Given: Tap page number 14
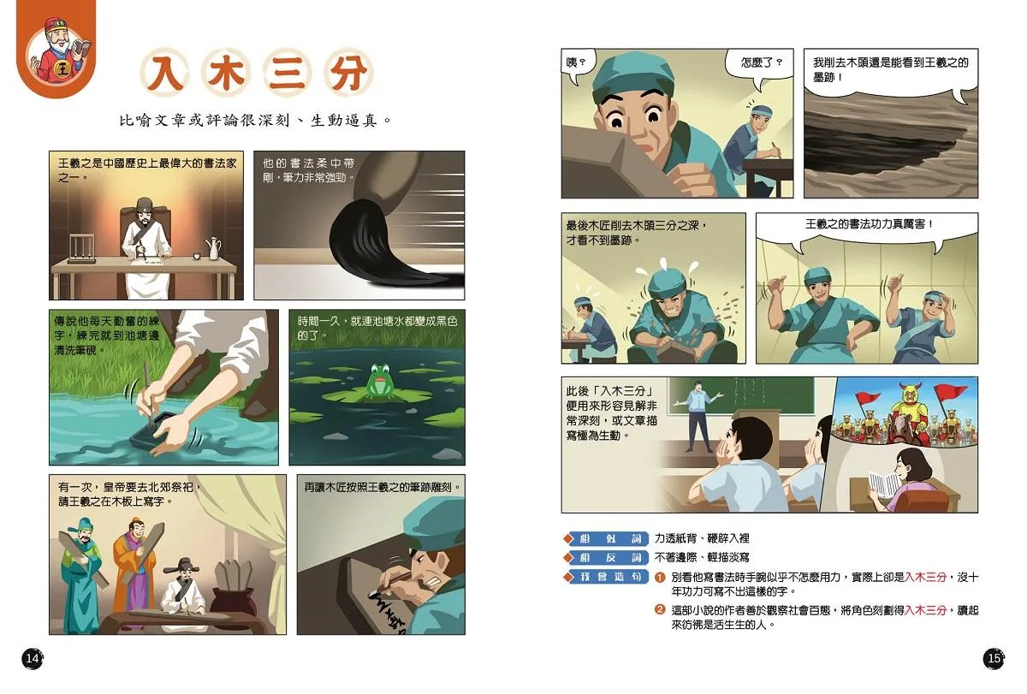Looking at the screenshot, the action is coord(33,659).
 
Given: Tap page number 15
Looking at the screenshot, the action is coord(994,659).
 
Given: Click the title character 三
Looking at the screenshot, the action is coord(288,73).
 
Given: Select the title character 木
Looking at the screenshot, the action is coord(226,73).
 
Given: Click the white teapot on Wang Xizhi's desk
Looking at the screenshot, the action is coord(213,248).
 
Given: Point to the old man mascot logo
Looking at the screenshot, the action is coord(57,50).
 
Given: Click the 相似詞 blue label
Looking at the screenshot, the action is coord(606,538).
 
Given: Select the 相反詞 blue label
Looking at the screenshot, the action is coord(606,557).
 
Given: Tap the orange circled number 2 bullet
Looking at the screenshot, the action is coord(660,609).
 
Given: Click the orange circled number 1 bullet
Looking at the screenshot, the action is coord(660,577).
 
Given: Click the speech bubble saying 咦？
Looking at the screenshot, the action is coord(579,64).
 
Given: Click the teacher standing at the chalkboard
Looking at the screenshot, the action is coord(698,415).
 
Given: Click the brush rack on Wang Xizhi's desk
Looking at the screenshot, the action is coord(81,248).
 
